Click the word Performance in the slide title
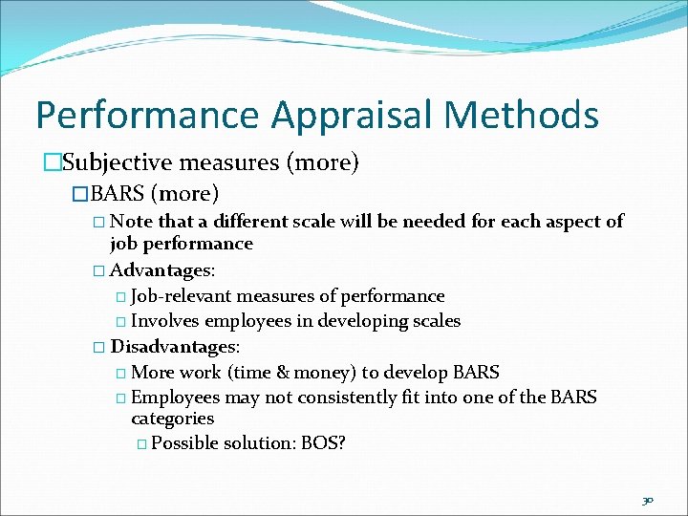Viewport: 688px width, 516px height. [147, 116]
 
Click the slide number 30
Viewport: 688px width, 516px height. [648, 499]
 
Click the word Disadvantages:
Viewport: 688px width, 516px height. [175, 346]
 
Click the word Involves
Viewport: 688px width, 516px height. [164, 321]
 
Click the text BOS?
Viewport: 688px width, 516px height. [322, 442]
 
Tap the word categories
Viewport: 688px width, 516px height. [172, 419]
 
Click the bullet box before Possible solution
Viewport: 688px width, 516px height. [141, 443]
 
